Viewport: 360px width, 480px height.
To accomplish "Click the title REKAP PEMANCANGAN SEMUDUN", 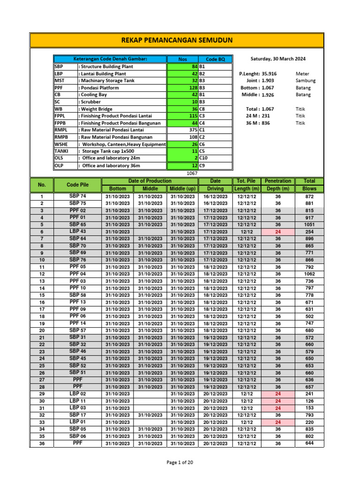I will click(177, 40).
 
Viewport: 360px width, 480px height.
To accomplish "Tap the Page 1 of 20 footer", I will click(180, 463).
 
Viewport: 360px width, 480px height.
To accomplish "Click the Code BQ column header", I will click(215, 60).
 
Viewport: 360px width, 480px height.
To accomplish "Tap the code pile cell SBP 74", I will click(77, 196).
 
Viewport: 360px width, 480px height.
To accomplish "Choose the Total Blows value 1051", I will click(309, 225).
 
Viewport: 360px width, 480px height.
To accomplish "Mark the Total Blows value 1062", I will click(309, 274).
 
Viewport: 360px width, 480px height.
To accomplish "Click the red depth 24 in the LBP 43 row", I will click(278, 232).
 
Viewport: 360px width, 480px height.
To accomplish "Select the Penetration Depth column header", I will click(278, 184).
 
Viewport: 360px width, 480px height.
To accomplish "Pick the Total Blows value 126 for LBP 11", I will click(309, 401).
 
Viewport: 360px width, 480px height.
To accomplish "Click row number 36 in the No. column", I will click(42, 443).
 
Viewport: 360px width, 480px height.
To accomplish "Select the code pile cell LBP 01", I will click(77, 422).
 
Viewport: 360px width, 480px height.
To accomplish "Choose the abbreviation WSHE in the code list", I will click(62, 144).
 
